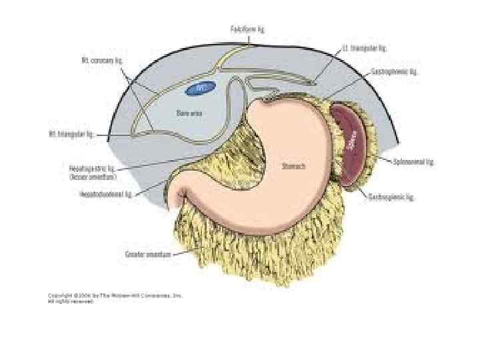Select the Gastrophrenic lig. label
point(395,71)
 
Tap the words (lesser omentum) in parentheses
point(93,177)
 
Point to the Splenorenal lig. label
point(413,162)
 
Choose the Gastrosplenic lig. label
point(391,197)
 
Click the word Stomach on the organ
point(293,167)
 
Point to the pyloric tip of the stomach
point(184,196)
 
